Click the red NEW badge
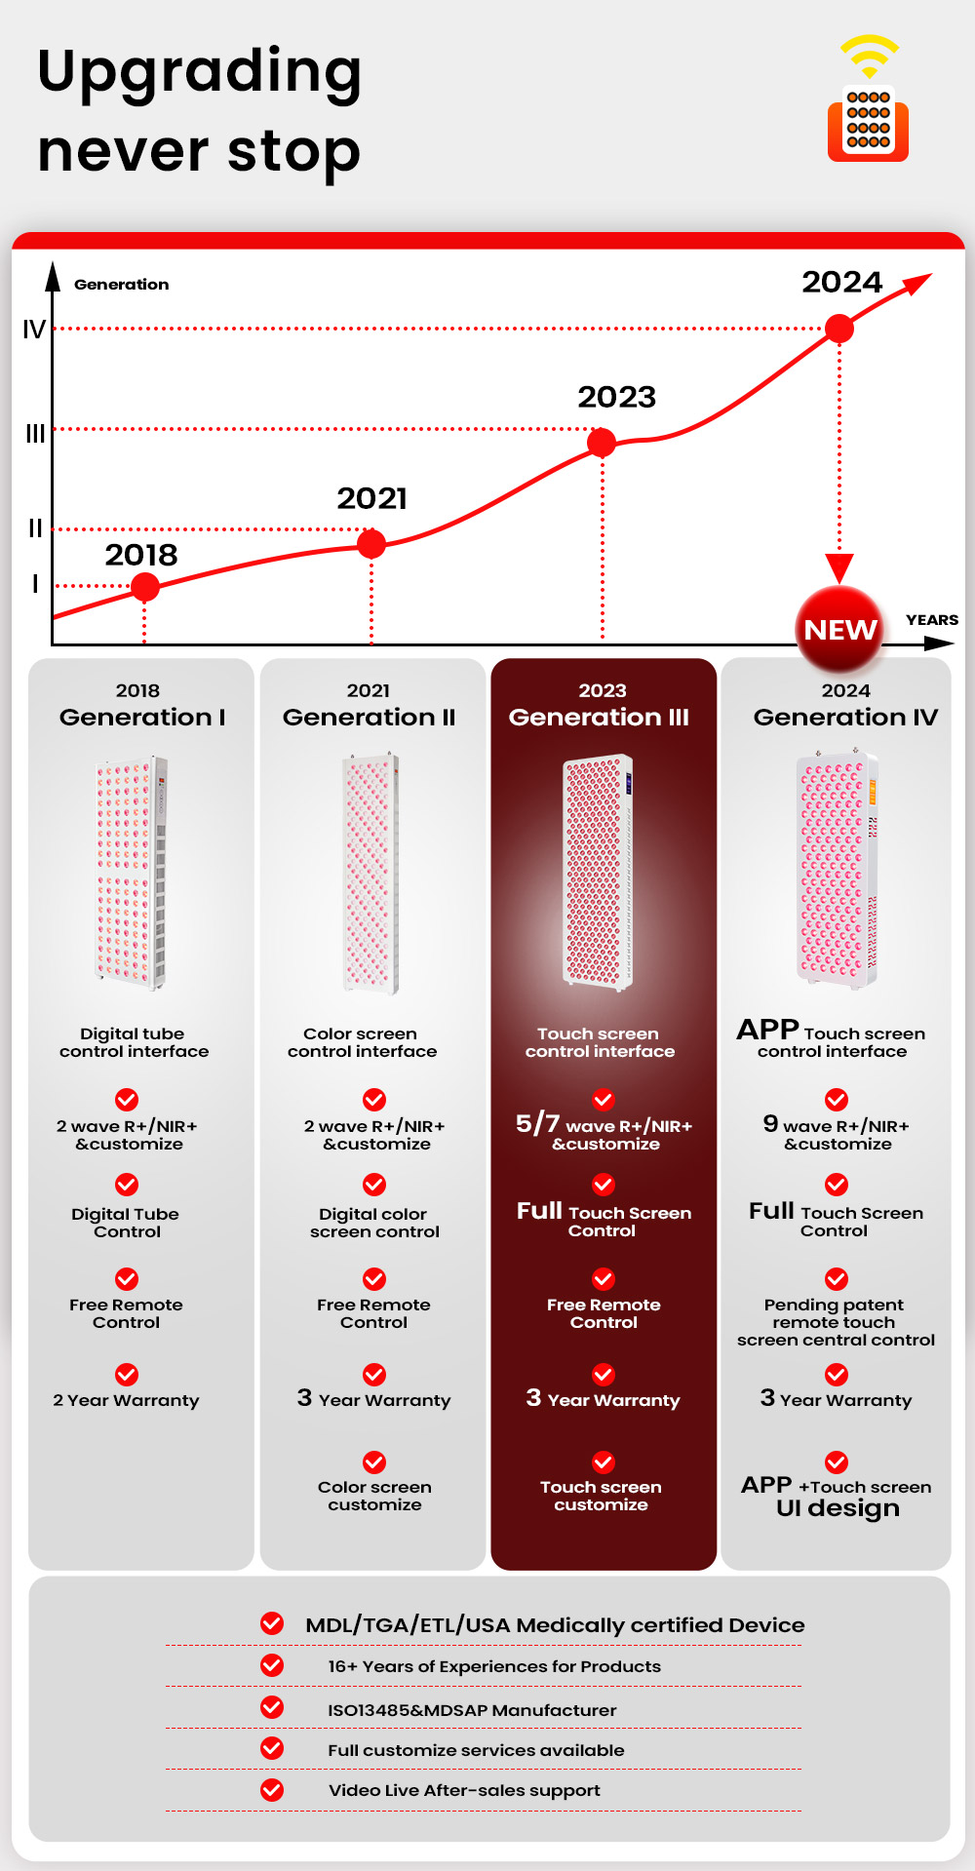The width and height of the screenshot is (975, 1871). [x=839, y=630]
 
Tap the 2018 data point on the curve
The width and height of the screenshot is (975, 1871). [x=145, y=587]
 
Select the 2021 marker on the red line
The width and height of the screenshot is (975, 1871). [x=371, y=543]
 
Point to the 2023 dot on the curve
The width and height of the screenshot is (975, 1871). [x=602, y=443]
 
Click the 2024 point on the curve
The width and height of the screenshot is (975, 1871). [x=838, y=329]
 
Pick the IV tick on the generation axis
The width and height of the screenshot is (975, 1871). [x=34, y=330]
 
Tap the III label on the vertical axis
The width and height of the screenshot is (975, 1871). [x=35, y=434]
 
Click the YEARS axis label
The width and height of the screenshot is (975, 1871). [x=931, y=620]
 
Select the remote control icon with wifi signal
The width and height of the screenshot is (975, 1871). [x=868, y=100]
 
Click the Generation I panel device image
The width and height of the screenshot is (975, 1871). [x=131, y=873]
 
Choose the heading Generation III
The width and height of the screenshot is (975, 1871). [x=599, y=718]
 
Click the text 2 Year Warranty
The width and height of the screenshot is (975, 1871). [x=126, y=1400]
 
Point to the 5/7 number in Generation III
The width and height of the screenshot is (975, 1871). [x=538, y=1124]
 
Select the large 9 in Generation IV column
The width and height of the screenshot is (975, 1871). [x=770, y=1123]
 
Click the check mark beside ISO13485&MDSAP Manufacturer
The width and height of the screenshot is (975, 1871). [x=272, y=1707]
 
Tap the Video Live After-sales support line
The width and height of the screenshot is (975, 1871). [x=464, y=1790]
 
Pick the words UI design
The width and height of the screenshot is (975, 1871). [x=838, y=1508]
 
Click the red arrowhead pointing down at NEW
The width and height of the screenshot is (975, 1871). [x=839, y=566]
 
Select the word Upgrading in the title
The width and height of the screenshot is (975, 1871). [x=200, y=73]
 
